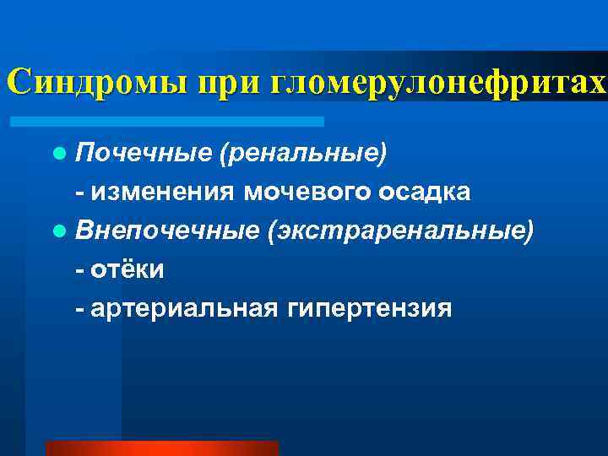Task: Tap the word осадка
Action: [x=422, y=193]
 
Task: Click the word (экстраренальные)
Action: [x=400, y=231]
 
